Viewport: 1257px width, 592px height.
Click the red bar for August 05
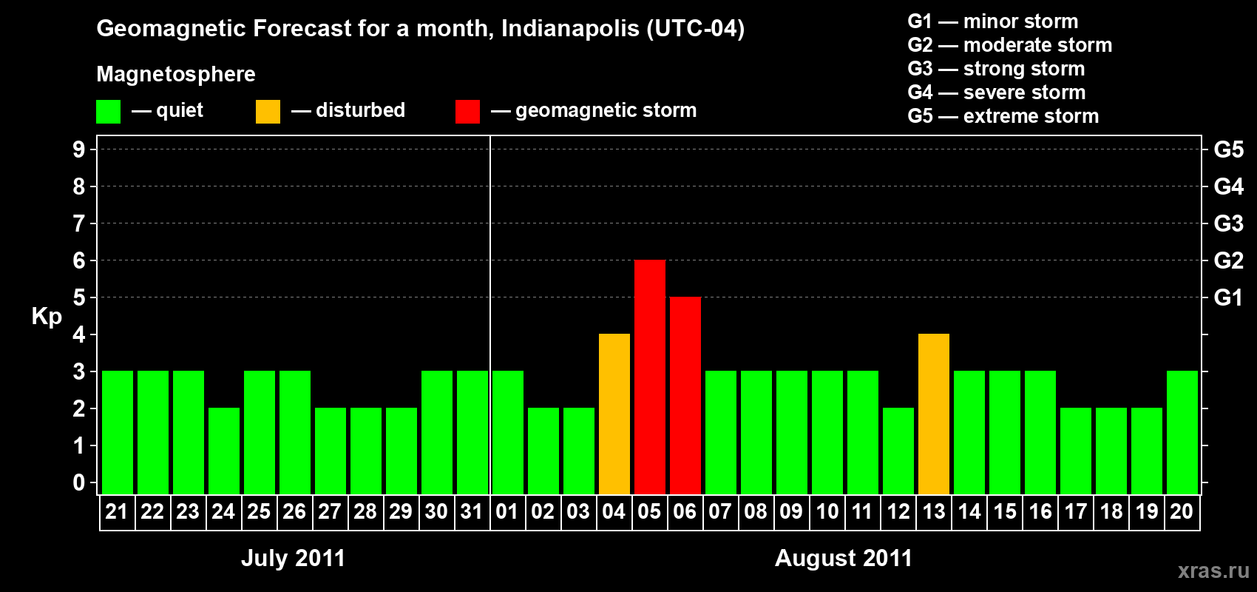(650, 377)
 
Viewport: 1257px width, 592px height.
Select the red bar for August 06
(685, 395)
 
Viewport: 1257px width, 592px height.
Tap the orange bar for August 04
(614, 414)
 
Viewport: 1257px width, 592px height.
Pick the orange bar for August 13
(934, 414)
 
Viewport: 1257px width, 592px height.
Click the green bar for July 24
(224, 451)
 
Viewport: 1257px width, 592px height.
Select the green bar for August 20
(1182, 432)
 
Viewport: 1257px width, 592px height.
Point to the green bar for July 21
(118, 432)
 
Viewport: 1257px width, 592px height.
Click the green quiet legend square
(108, 112)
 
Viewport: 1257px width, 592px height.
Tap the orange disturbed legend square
(268, 112)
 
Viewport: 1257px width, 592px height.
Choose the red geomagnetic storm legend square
(467, 112)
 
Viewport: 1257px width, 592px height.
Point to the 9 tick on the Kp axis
(79, 149)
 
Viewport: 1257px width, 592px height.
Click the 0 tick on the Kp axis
(79, 483)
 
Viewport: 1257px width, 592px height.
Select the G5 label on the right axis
(1228, 149)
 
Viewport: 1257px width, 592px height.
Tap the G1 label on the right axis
(1228, 297)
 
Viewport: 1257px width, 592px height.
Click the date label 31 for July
(472, 511)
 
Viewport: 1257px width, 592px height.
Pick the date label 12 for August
(898, 511)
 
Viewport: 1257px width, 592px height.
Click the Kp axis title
(47, 316)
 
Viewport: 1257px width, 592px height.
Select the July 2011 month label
(293, 558)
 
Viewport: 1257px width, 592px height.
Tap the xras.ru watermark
(1213, 571)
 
